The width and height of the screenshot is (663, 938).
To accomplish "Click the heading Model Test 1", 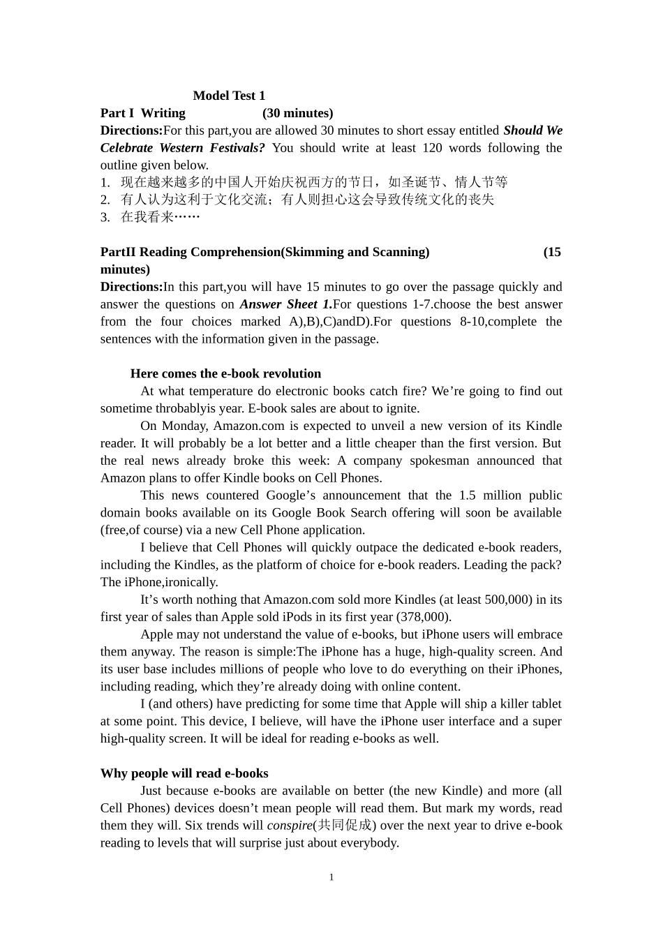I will pyautogui.click(x=229, y=96).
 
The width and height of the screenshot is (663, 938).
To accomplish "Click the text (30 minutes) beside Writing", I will pyautogui.click(x=297, y=113).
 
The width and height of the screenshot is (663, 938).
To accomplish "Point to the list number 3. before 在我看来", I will pyautogui.click(x=105, y=217).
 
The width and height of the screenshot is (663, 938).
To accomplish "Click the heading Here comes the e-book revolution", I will pyautogui.click(x=225, y=373).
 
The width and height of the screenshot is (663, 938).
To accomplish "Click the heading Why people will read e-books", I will pyautogui.click(x=184, y=773).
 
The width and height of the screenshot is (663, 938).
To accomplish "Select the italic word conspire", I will pyautogui.click(x=290, y=826).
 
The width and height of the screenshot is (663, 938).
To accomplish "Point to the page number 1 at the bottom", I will pyautogui.click(x=331, y=877).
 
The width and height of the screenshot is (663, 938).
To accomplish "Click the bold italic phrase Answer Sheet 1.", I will pyautogui.click(x=285, y=304).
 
